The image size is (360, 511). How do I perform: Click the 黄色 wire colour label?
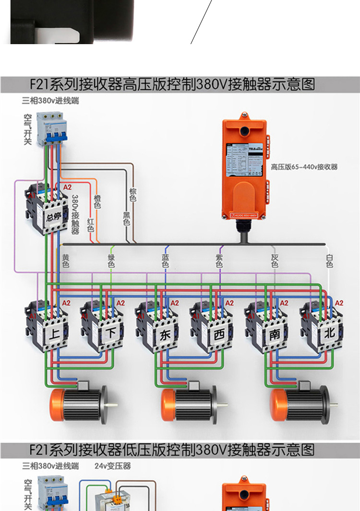point(66,261)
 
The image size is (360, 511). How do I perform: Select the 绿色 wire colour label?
point(111,261)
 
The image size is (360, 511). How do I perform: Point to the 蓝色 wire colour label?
point(166,261)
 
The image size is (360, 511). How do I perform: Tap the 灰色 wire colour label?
point(275,261)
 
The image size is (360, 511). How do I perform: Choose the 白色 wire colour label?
point(329,261)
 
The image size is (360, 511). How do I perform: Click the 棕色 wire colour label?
point(132,194)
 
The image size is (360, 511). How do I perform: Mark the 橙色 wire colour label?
point(97,202)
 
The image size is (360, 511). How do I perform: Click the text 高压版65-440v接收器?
point(304,167)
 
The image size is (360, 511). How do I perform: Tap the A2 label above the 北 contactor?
point(339,303)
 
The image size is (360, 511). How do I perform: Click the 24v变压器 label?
point(112,466)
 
